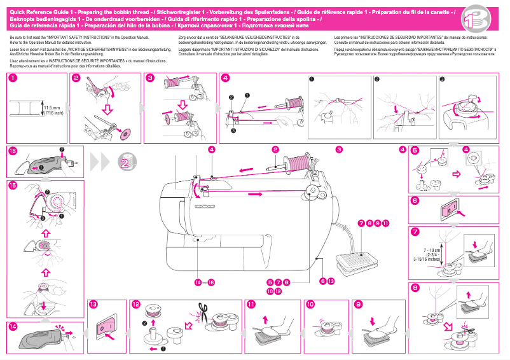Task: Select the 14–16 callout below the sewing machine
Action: coord(205,282)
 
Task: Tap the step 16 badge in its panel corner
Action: coord(13,151)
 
